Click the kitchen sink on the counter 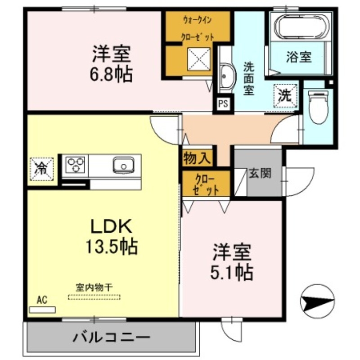click(122, 165)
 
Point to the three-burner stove click(75, 164)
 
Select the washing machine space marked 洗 click(284, 95)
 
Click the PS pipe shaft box click(223, 104)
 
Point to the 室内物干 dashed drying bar click(94, 297)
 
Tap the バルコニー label click(109, 337)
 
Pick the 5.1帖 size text click(232, 271)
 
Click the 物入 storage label click(197, 158)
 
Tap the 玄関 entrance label click(261, 173)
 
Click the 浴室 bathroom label click(299, 57)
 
